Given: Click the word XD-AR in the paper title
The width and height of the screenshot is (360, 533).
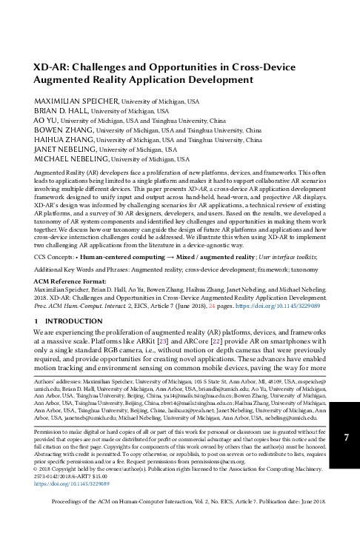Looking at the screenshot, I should [48, 65].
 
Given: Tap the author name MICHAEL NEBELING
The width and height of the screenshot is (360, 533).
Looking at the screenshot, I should [65, 158].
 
